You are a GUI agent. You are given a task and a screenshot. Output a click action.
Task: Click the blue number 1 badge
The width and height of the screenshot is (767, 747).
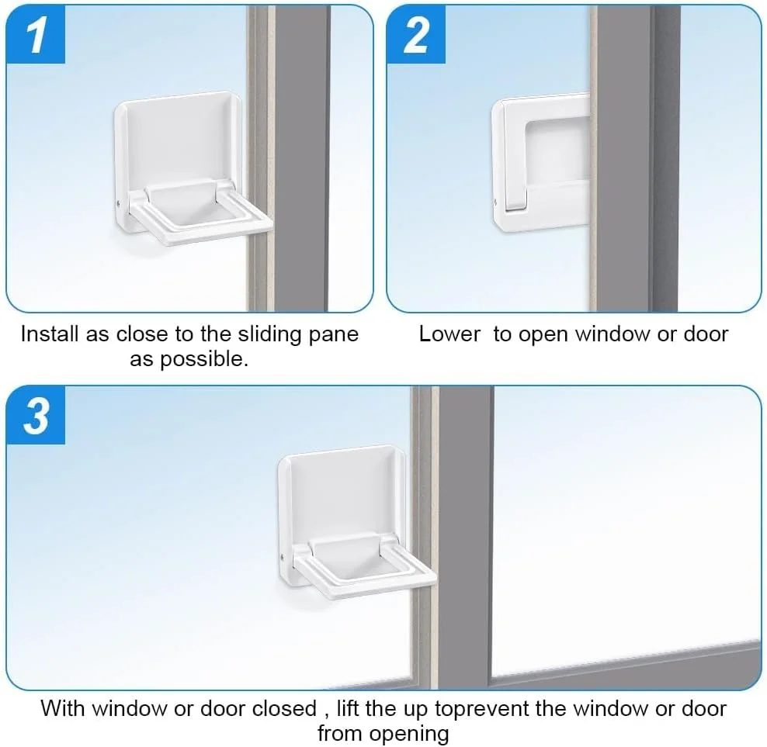(36, 35)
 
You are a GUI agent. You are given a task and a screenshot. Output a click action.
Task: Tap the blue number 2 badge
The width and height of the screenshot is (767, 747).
(416, 35)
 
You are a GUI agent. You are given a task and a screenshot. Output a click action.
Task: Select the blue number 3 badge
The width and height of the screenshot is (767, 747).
(36, 415)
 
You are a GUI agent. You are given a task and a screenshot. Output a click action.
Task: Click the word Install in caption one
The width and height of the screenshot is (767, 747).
(50, 334)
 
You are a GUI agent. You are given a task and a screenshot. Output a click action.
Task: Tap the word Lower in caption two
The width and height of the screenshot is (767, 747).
(450, 334)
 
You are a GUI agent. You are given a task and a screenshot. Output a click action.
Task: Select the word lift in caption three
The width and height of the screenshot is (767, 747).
(347, 709)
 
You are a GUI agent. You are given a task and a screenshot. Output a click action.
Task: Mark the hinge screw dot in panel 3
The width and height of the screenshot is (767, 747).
(283, 557)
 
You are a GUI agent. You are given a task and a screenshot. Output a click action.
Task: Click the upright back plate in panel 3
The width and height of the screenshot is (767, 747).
(342, 494)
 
